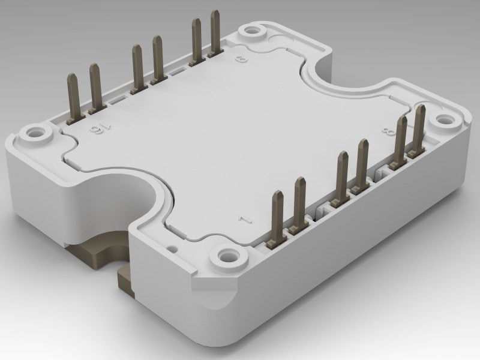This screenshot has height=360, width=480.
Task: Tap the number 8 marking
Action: (x=383, y=133)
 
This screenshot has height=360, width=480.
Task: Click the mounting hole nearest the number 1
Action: (x=228, y=257)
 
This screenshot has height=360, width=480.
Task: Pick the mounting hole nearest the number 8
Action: (x=444, y=120)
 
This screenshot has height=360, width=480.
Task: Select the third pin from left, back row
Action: (x=137, y=66)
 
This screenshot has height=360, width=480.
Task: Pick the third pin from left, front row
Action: (x=343, y=174)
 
